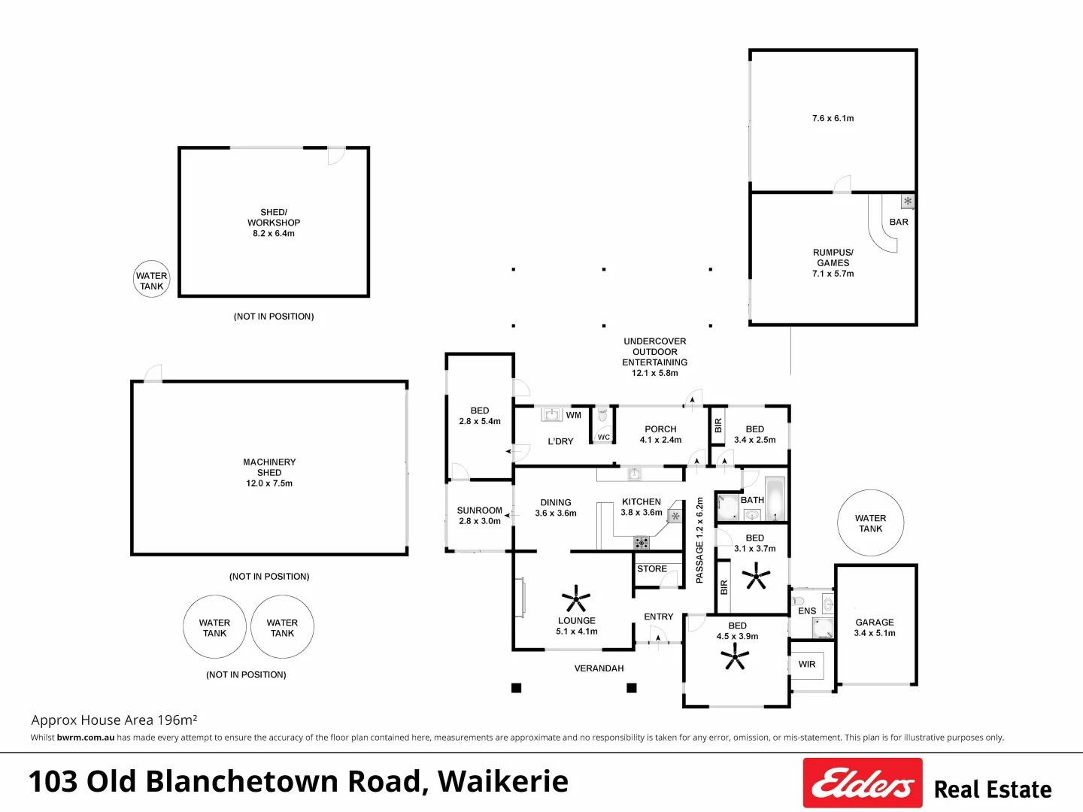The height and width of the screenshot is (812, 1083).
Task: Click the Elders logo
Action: coord(863,783)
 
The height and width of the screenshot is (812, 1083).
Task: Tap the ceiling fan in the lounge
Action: coord(576,599)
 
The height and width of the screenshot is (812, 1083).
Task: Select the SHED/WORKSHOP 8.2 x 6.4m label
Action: coord(274,223)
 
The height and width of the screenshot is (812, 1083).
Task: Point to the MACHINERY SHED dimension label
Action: coord(269,483)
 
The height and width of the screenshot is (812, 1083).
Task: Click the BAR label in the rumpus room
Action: coord(899,222)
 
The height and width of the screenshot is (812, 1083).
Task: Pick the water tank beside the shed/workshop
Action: coord(151,279)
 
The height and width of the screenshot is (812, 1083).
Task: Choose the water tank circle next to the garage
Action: coord(870,523)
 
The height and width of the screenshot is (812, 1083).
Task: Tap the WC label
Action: coord(603,438)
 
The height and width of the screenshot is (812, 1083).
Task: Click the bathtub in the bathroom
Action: coord(775,498)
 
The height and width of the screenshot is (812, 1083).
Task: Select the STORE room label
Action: coord(652,569)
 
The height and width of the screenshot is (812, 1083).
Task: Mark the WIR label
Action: coord(807,665)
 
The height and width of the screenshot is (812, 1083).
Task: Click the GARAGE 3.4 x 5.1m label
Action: coord(875,628)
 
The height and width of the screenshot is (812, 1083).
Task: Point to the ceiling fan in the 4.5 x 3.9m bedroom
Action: coord(735,656)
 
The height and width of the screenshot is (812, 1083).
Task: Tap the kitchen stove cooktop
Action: coord(642,543)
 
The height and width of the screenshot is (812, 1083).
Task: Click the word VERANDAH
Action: coord(599,668)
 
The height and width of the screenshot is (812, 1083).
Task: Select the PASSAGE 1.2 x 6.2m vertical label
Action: coord(699,541)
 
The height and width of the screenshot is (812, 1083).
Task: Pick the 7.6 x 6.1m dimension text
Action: coord(833,118)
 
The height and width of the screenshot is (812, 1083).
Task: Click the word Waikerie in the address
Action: coord(503,781)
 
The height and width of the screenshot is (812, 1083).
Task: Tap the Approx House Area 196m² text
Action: coord(114,720)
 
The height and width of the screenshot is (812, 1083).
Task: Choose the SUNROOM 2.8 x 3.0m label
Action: coord(480,516)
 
